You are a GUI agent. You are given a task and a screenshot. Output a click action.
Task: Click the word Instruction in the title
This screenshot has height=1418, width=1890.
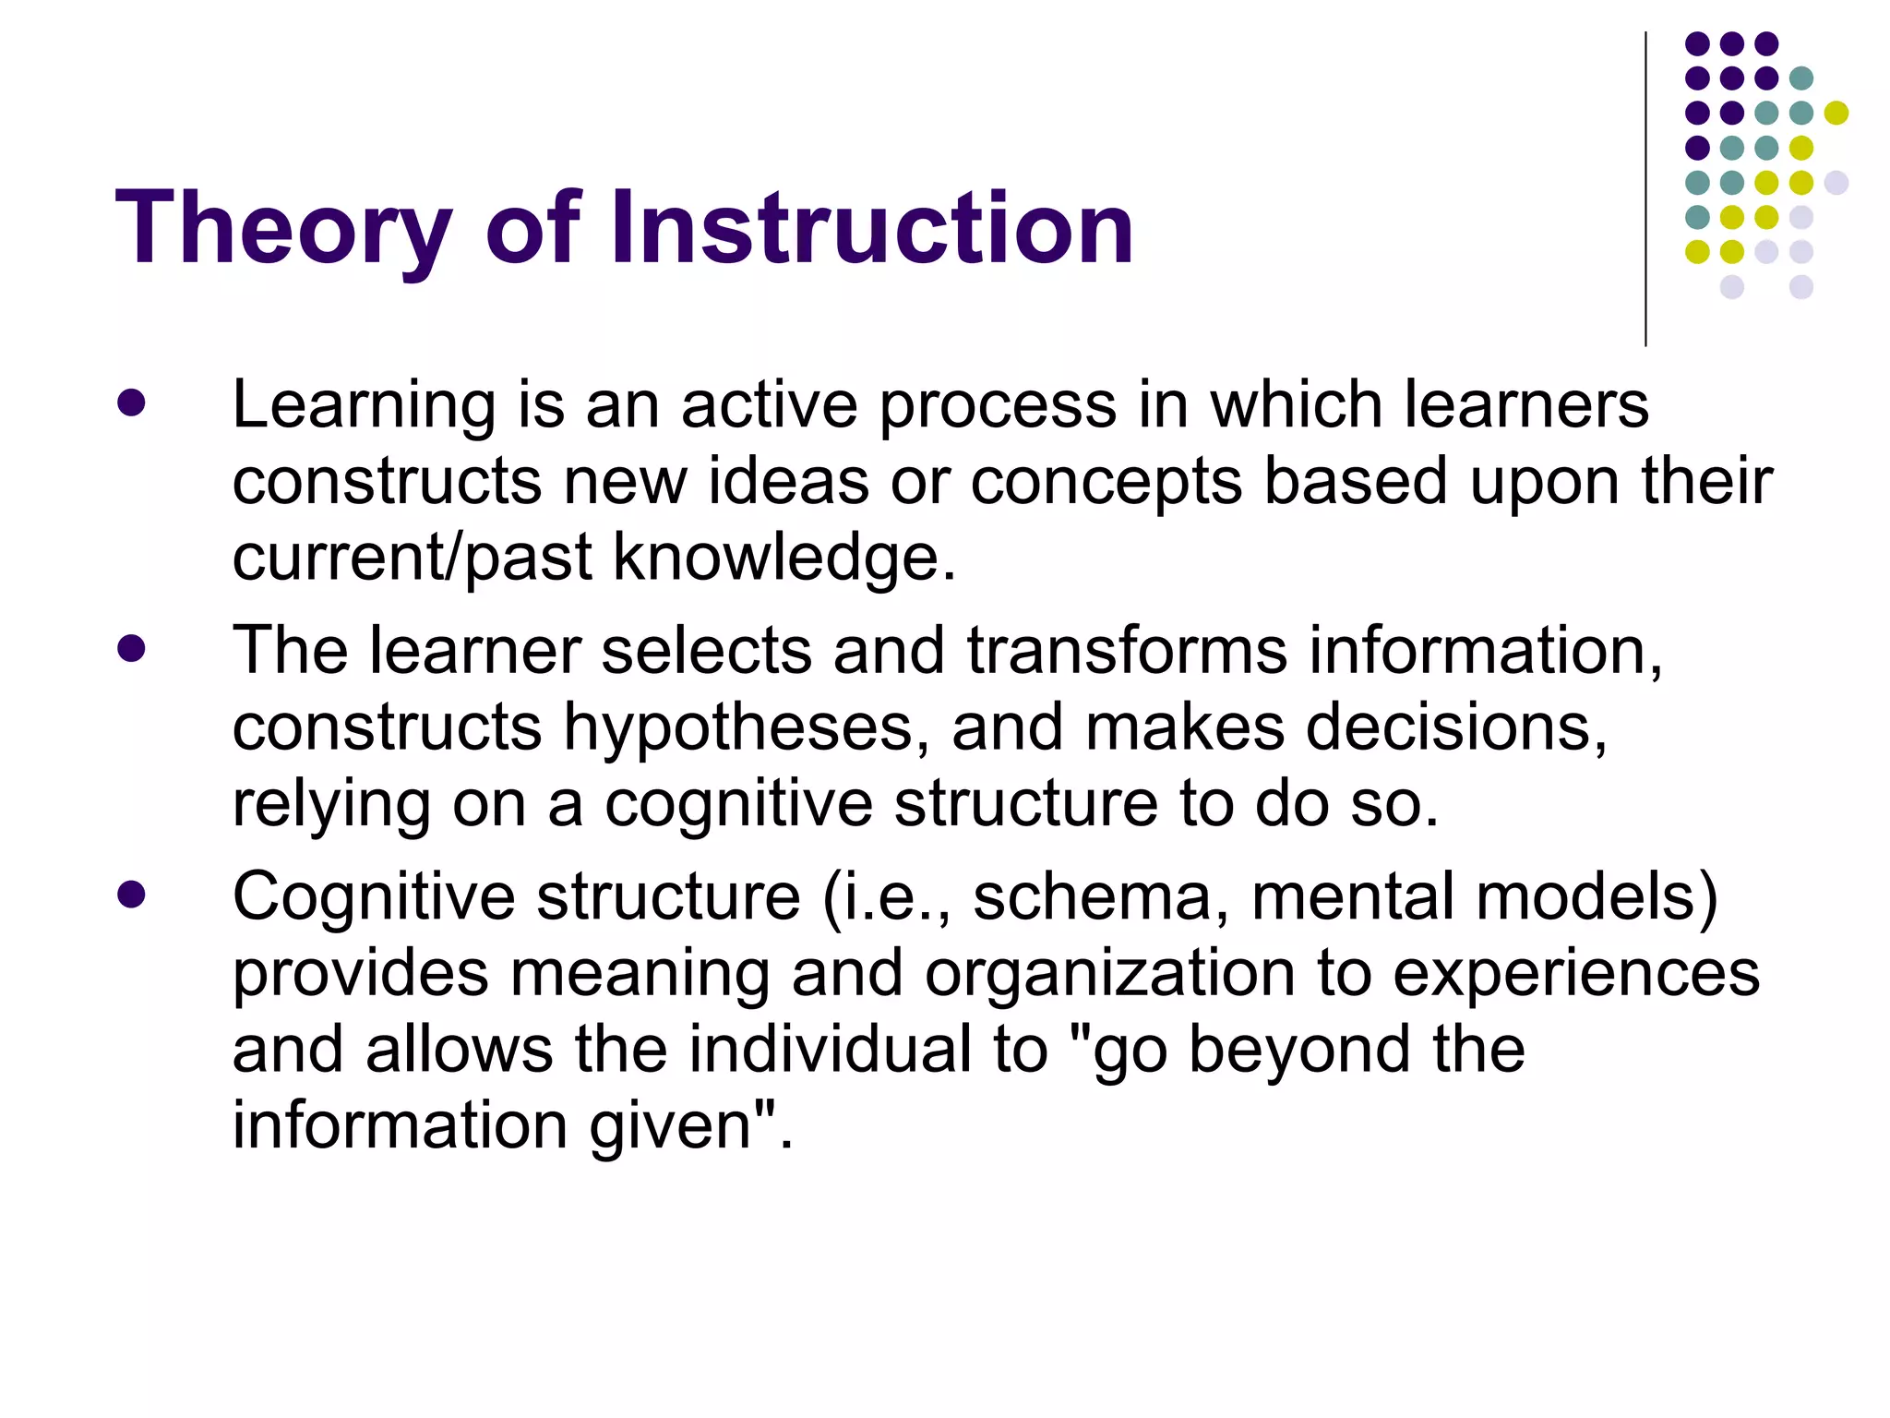pos(871,228)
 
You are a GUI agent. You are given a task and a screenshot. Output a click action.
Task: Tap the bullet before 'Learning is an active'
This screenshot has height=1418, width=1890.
pos(132,403)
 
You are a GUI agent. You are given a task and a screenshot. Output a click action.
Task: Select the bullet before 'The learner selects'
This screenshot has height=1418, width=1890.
pos(132,648)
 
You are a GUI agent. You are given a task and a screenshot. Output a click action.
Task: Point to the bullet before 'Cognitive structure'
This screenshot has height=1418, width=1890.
pos(132,894)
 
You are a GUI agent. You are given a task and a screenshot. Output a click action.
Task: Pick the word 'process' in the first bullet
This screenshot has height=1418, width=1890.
pos(997,406)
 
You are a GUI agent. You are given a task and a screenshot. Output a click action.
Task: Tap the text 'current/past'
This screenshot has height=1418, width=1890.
pos(412,559)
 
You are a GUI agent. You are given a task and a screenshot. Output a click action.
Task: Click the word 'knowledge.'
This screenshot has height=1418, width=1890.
pos(784,559)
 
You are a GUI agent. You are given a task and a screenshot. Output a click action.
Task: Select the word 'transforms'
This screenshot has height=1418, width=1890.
pos(1126,651)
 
